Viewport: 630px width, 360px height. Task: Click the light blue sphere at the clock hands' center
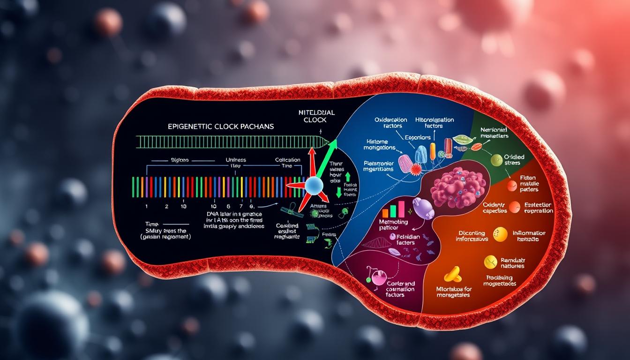[x=313, y=186]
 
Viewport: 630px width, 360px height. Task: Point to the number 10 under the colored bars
[x=213, y=206]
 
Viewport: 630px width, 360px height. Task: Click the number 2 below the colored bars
[x=166, y=206]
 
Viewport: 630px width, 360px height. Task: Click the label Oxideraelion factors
[x=391, y=123]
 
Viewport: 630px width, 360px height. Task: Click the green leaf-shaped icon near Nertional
[x=464, y=140]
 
